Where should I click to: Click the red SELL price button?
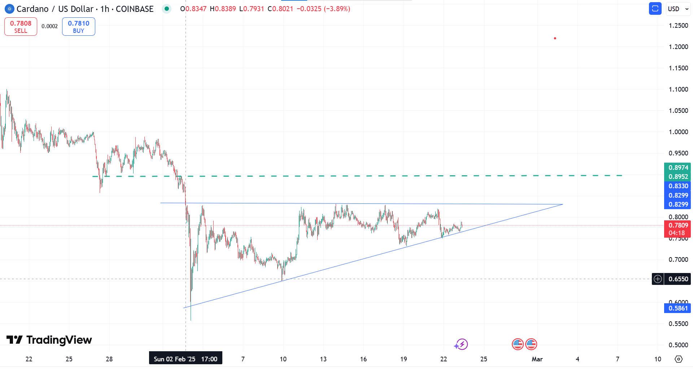point(21,27)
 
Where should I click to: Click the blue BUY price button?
point(78,27)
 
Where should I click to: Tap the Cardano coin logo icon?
point(9,9)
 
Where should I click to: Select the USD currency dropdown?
point(677,9)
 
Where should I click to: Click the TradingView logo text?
point(49,340)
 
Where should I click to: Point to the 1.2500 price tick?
point(678,26)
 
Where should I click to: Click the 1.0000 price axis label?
point(678,132)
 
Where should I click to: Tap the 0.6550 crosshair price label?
point(678,279)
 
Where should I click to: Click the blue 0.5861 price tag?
point(678,308)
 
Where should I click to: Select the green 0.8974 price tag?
point(678,168)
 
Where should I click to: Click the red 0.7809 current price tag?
point(678,225)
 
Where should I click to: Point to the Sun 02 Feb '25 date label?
point(186,359)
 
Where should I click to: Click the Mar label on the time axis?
point(537,359)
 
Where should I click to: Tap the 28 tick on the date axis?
point(109,359)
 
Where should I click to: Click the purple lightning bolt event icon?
point(462,344)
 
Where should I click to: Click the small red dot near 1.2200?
point(555,38)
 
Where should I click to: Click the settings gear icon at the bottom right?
point(679,359)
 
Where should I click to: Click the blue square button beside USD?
point(655,9)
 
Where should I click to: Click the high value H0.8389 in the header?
point(223,9)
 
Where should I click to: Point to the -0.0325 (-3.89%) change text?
point(323,9)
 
